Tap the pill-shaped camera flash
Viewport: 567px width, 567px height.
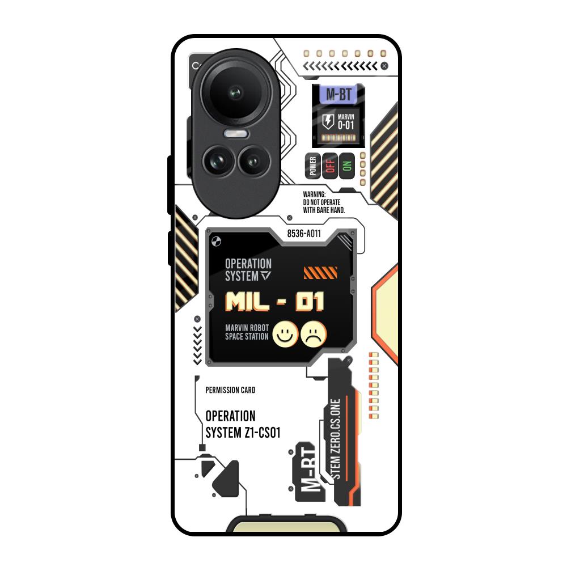tap(236, 134)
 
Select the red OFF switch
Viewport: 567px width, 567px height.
tap(330, 166)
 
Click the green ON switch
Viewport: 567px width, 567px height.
tap(346, 166)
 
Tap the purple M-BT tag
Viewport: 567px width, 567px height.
tap(338, 94)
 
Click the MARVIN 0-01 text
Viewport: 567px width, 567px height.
tap(346, 121)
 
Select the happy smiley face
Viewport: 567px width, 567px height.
tap(286, 334)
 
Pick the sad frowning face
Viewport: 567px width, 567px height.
tap(314, 334)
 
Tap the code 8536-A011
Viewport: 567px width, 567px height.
tap(304, 234)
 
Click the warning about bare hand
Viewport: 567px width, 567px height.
tap(324, 202)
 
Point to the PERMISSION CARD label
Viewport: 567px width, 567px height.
tap(230, 390)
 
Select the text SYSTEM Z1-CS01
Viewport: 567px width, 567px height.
tap(243, 433)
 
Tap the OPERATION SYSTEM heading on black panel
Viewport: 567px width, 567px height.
tap(248, 270)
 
